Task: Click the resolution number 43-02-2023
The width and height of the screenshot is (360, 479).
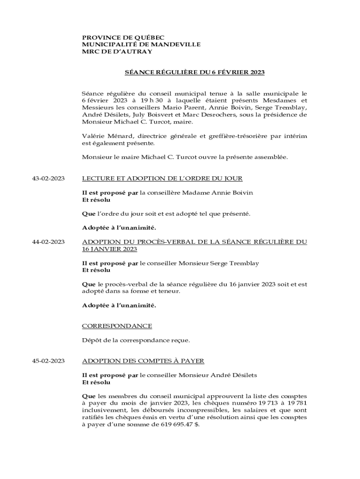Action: click(48, 179)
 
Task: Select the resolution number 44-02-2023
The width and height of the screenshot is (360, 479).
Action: click(48, 242)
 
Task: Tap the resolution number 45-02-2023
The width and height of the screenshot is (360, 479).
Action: click(48, 361)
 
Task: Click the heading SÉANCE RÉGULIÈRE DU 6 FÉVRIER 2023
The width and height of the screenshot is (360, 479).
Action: click(194, 73)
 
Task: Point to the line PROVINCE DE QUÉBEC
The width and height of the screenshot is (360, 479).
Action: click(123, 37)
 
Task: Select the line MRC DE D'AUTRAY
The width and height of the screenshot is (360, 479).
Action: click(117, 51)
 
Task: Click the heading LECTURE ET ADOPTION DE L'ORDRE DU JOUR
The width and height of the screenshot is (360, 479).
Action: click(162, 179)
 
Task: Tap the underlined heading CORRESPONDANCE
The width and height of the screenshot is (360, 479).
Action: click(117, 326)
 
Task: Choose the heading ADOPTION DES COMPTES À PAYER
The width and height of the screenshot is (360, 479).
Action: click(143, 361)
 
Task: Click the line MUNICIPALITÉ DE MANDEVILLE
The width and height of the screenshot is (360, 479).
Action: click(141, 44)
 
